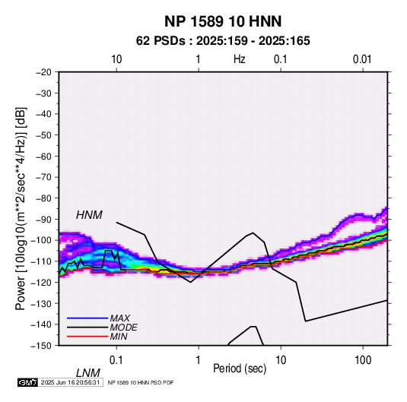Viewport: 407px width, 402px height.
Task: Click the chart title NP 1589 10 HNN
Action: pos(223,21)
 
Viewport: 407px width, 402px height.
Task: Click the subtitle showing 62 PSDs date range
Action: pos(223,41)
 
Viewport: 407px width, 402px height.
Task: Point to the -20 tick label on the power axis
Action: pos(43,72)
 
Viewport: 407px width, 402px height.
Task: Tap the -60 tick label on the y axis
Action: pos(43,156)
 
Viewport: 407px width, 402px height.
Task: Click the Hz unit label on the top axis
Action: pos(240,59)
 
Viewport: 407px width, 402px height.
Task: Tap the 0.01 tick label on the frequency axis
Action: pos(362,59)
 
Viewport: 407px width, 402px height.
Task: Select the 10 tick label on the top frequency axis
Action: pos(116,59)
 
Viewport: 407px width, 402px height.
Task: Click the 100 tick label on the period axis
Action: pos(363,360)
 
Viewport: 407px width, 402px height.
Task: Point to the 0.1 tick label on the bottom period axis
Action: pos(116,360)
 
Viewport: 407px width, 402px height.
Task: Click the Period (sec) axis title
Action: pos(240,369)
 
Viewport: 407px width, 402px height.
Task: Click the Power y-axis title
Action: pos(21,209)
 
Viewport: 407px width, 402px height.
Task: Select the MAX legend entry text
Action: pos(119,318)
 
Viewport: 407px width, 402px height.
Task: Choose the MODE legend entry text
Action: pos(123,328)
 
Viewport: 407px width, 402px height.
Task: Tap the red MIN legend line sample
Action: pos(87,337)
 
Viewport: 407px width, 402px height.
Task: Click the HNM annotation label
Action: pos(89,215)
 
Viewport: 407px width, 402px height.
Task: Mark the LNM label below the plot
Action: pos(87,373)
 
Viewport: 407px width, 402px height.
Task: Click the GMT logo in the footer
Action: pos(27,382)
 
